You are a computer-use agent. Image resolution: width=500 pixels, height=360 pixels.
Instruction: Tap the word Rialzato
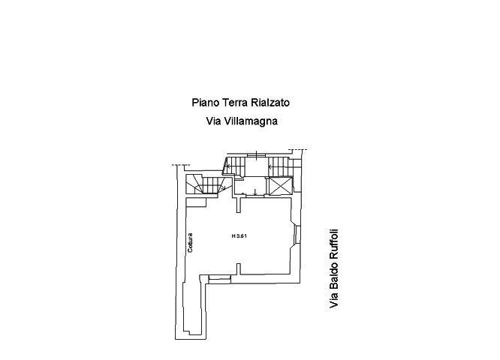(270, 103)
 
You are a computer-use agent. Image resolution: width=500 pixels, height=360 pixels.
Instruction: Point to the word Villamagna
(251, 121)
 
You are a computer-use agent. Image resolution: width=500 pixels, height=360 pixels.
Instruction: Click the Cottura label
(190, 243)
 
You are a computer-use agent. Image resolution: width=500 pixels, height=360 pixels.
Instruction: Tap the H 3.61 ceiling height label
(239, 236)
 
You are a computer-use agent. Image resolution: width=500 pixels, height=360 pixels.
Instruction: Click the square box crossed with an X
(281, 186)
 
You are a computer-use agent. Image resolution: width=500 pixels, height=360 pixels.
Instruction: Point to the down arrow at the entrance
(255, 192)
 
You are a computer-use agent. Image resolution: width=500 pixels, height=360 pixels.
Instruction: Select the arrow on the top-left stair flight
(228, 166)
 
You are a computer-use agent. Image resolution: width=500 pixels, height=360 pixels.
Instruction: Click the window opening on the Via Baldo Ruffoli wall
(298, 235)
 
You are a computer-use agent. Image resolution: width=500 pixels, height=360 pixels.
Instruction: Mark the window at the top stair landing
(256, 154)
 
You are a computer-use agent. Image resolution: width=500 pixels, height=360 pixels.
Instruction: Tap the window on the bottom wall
(219, 279)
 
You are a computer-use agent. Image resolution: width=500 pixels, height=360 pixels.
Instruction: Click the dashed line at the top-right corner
(298, 149)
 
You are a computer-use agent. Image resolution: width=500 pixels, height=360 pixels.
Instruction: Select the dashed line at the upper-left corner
(181, 165)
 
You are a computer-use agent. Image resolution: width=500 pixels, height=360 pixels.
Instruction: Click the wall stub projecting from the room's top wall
(239, 205)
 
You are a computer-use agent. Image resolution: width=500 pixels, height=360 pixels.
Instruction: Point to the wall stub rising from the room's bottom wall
(239, 269)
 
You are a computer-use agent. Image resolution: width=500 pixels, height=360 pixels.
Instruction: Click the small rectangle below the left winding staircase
(196, 202)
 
